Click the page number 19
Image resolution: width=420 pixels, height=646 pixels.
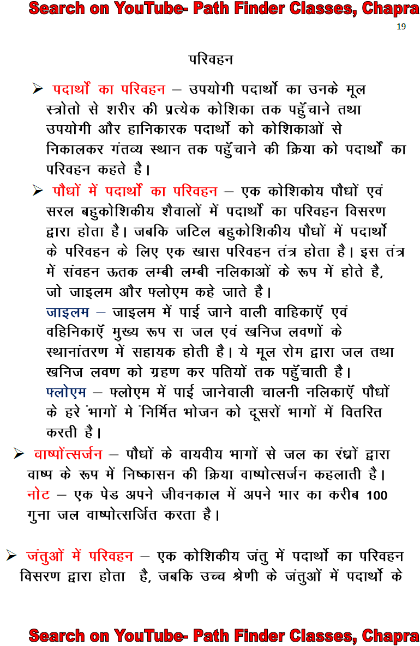pyautogui.click(x=401, y=27)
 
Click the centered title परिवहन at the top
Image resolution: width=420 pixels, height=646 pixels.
pyautogui.click(x=211, y=58)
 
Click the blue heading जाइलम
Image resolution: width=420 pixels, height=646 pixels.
pyautogui.click(x=67, y=313)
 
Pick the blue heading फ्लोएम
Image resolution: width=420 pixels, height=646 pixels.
pyautogui.click(x=66, y=392)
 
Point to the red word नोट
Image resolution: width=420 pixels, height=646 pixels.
pyautogui.click(x=38, y=495)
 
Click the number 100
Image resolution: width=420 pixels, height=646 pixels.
pyautogui.click(x=377, y=495)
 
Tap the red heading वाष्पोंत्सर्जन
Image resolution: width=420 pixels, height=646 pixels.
pyautogui.click(x=68, y=454)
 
